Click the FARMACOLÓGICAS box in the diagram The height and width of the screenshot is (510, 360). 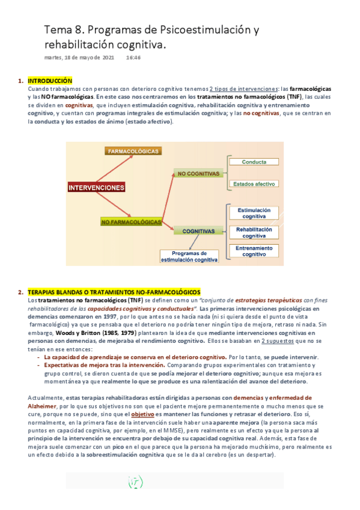pyautogui.click(x=133, y=151)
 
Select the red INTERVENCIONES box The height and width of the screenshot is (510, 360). pyautogui.click(x=97, y=187)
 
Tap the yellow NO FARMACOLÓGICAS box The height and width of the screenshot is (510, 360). pyautogui.click(x=131, y=222)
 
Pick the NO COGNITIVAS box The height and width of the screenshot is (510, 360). pyautogui.click(x=197, y=174)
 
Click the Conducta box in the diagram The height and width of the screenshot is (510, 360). pyautogui.click(x=254, y=162)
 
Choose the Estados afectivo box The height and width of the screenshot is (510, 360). pyautogui.click(x=254, y=184)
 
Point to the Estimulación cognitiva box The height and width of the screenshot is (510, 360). pyautogui.click(x=254, y=213)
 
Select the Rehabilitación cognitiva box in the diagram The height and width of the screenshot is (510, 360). pyautogui.click(x=254, y=232)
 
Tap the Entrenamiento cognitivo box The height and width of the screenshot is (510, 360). pyautogui.click(x=254, y=251)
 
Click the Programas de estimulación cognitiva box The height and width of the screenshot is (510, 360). pyautogui.click(x=189, y=257)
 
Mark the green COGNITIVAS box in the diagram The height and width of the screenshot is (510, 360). pyautogui.click(x=198, y=230)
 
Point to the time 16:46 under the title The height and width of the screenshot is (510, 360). pyautogui.click(x=133, y=58)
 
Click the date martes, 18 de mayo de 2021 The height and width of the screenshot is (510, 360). pyautogui.click(x=79, y=58)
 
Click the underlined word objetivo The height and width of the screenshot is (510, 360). pyautogui.click(x=143, y=414)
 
